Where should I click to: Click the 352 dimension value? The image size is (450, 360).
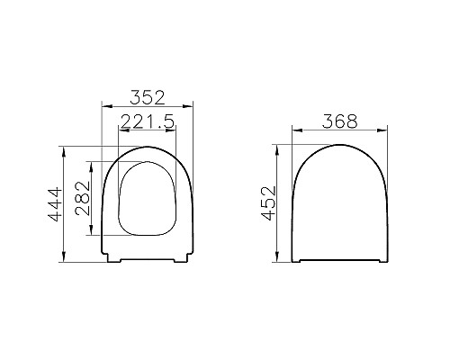148,94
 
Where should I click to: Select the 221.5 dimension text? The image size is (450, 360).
148,121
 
